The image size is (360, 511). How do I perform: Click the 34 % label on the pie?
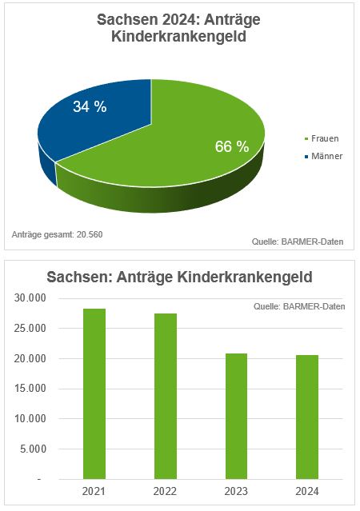pyautogui.click(x=90, y=107)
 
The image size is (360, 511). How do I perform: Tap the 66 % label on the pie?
pyautogui.click(x=232, y=146)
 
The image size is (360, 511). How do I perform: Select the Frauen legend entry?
pyautogui.click(x=322, y=138)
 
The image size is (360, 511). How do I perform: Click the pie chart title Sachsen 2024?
pyautogui.click(x=179, y=30)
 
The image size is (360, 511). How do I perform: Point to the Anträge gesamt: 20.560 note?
pyautogui.click(x=58, y=234)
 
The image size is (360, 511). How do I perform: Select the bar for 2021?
pyautogui.click(x=94, y=393)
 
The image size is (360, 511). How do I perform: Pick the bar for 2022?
pyautogui.click(x=165, y=396)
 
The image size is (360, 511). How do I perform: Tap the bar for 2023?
pyautogui.click(x=236, y=416)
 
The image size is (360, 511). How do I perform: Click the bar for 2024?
pyautogui.click(x=306, y=417)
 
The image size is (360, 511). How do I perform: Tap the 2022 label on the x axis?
pyautogui.click(x=165, y=490)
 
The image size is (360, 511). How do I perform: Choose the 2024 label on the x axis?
pyautogui.click(x=306, y=490)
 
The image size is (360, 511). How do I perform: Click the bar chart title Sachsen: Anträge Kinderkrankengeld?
pyautogui.click(x=179, y=277)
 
